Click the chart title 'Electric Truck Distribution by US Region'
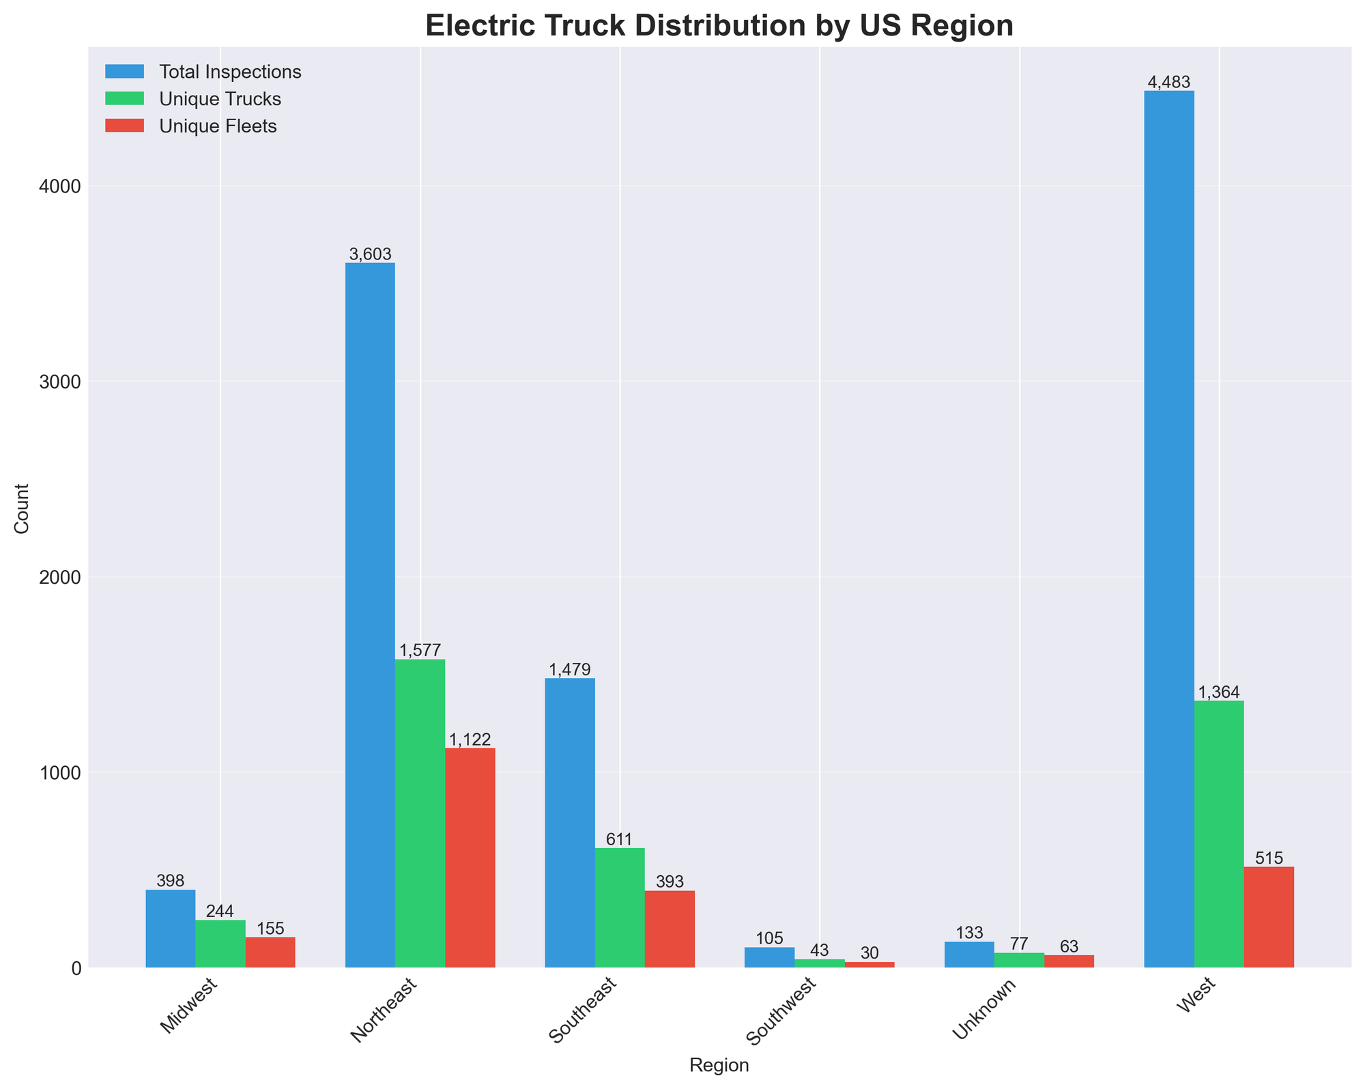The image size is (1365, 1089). click(x=719, y=26)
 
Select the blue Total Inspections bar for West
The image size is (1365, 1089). click(x=1168, y=529)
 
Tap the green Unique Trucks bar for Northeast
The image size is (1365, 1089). click(x=420, y=812)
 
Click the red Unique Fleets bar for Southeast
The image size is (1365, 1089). click(x=670, y=929)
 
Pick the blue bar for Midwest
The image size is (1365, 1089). click(x=171, y=929)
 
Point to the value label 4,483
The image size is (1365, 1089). click(x=1168, y=83)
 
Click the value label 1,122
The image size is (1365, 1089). click(x=470, y=739)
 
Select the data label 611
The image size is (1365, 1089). click(x=620, y=839)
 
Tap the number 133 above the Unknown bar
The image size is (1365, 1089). click(x=969, y=933)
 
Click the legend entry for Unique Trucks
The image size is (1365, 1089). click(x=220, y=99)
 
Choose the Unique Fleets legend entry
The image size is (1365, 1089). click(x=218, y=126)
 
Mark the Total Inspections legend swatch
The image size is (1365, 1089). click(x=125, y=72)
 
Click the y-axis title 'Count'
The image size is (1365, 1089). click(x=23, y=508)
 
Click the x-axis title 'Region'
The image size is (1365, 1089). click(x=719, y=1065)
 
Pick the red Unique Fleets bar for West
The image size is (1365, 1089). click(x=1269, y=917)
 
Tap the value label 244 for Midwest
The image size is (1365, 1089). click(x=220, y=911)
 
